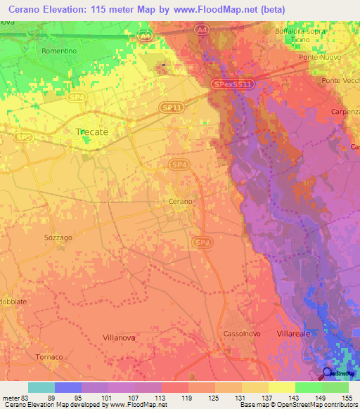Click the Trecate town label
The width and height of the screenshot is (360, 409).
91,131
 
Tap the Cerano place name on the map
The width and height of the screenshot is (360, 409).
180,202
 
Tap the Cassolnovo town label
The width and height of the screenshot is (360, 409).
243,332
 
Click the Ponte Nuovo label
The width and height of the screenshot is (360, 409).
316,56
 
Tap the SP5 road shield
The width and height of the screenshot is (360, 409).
24,136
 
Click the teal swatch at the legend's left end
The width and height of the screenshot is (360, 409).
41,387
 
